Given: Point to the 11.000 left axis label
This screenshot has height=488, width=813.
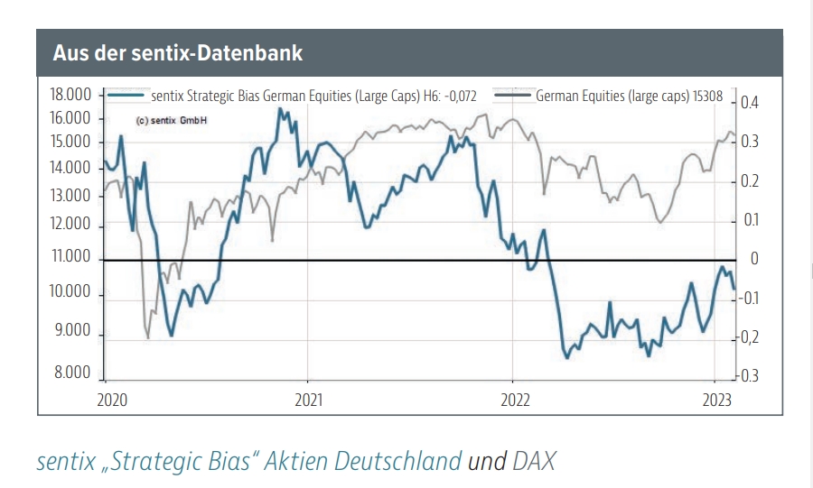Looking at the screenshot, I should [x=71, y=257].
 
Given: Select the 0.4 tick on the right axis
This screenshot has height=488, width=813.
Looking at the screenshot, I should [x=752, y=103].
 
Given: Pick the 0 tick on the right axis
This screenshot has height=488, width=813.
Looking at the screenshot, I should [x=754, y=260].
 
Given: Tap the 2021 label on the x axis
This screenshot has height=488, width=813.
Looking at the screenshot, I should [x=308, y=400].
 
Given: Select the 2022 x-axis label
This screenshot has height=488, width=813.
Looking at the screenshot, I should [x=514, y=400].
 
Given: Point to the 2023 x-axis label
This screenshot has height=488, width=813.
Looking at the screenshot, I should [x=716, y=400].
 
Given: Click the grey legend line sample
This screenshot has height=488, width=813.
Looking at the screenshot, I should [x=512, y=93].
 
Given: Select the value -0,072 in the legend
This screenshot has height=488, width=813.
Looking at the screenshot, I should [x=457, y=94].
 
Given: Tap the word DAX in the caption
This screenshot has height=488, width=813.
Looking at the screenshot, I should [x=534, y=462].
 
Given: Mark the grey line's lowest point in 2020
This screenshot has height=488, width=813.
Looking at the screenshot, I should [x=148, y=338].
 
